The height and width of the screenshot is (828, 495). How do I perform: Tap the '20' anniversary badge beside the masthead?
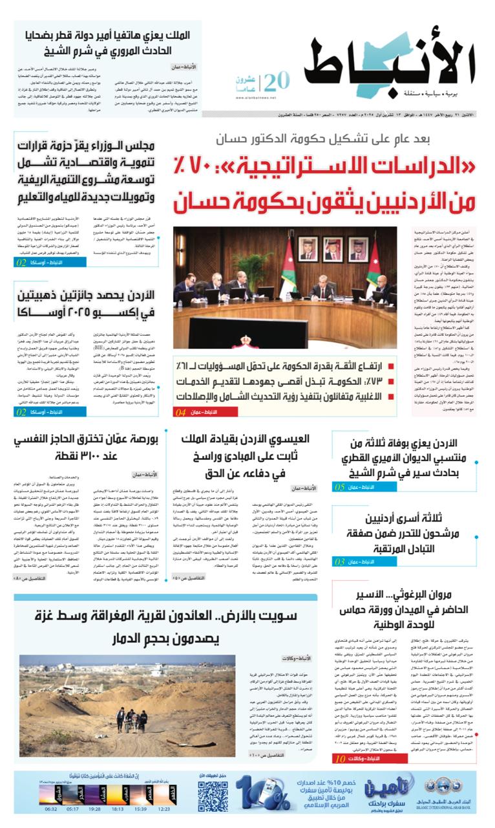tap(276, 82)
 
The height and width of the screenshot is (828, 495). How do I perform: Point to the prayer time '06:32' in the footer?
tap(51, 809)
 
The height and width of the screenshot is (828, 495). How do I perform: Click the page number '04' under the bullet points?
tap(180, 411)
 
